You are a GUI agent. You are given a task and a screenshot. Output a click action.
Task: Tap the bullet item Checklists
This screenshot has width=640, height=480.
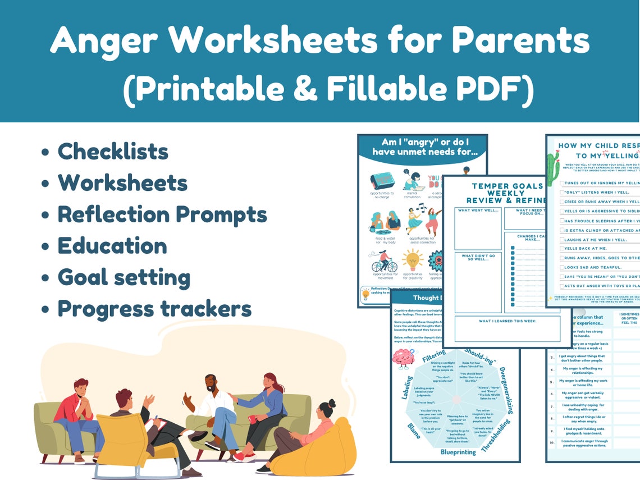(113, 151)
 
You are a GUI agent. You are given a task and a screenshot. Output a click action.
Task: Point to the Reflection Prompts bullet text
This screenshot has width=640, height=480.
(162, 214)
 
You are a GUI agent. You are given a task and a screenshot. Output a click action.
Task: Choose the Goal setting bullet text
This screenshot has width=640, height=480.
(124, 277)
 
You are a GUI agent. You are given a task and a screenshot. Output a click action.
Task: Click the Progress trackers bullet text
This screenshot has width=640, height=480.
(154, 309)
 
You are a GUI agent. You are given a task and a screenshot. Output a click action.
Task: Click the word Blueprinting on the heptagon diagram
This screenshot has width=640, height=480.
(458, 451)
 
